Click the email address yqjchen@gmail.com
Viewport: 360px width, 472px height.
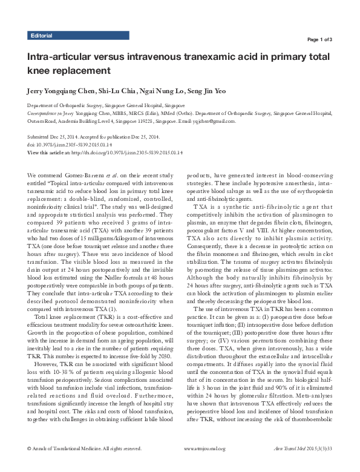tap(213, 121)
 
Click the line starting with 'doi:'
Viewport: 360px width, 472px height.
tap(66, 145)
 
